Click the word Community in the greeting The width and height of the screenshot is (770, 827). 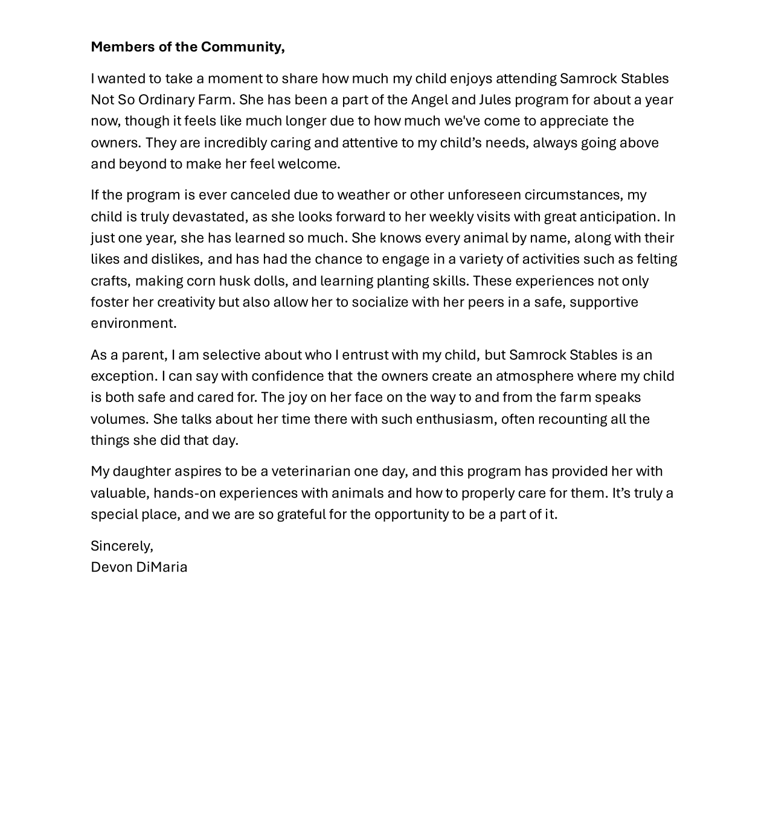click(x=242, y=47)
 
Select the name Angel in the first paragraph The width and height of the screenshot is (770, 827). click(x=429, y=100)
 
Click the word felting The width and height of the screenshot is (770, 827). click(x=657, y=259)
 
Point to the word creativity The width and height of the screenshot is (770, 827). click(x=186, y=302)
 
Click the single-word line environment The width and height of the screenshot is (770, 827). click(x=133, y=324)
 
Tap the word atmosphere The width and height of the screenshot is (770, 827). click(x=534, y=376)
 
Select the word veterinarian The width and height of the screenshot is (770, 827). click(x=311, y=471)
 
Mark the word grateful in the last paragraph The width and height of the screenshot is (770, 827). click(x=301, y=514)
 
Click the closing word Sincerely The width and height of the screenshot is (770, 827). click(x=121, y=546)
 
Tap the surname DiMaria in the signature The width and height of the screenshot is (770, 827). click(x=162, y=567)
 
